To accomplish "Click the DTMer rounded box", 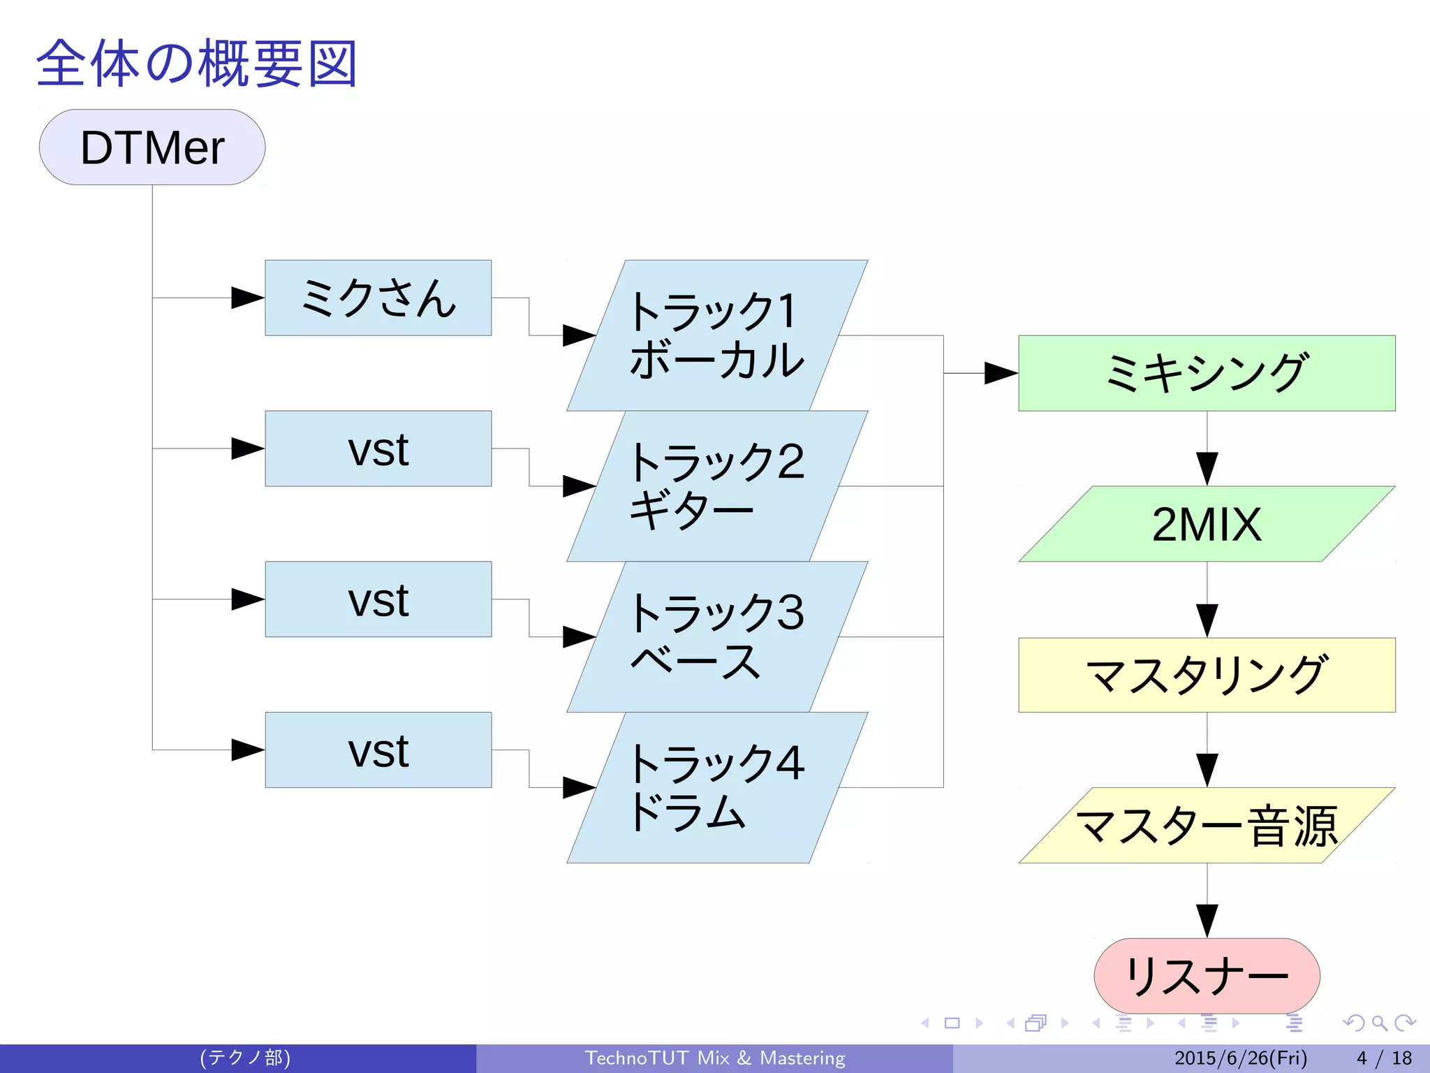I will click(x=152, y=147).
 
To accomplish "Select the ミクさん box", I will click(x=378, y=298).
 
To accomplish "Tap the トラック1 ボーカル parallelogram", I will click(x=717, y=335).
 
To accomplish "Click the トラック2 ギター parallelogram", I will click(x=717, y=486).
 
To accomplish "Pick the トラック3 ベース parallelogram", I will click(x=717, y=636).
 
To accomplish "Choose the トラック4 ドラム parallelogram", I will click(x=717, y=787).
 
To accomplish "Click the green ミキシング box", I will click(x=1207, y=373).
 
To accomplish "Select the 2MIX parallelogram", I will click(x=1207, y=524).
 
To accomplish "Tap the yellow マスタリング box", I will click(x=1207, y=675).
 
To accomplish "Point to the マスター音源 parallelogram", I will click(x=1207, y=826).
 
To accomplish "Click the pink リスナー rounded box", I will click(x=1207, y=975).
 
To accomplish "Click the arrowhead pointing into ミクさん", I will click(x=247, y=298).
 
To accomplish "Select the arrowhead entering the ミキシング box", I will click(x=1000, y=373).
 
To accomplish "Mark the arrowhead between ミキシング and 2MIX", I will click(x=1207, y=467).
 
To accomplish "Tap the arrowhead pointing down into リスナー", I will click(x=1207, y=919).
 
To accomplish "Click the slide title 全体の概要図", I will click(x=197, y=64).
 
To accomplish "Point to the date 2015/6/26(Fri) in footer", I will click(x=1241, y=1058).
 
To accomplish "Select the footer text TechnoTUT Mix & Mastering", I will click(x=715, y=1058).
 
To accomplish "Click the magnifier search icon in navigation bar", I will click(x=1379, y=1023).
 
